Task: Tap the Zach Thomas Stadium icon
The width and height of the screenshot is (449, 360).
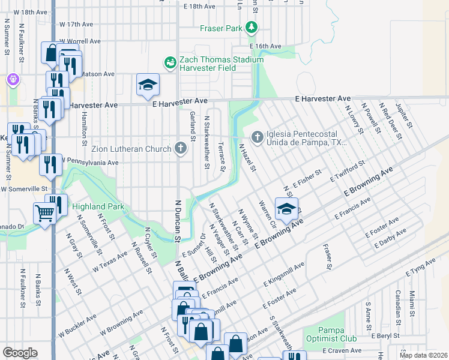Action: click(170, 62)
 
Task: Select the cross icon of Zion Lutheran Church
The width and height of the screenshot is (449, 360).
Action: click(181, 148)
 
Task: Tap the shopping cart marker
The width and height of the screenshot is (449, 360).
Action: click(45, 212)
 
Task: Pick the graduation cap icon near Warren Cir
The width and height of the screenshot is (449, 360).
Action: click(287, 209)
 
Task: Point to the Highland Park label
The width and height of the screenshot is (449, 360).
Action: click(98, 207)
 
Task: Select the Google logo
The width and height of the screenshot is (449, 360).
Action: click(20, 353)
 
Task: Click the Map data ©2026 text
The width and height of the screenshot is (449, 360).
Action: click(423, 355)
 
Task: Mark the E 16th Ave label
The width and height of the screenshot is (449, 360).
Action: click(265, 46)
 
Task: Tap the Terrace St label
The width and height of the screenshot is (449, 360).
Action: click(221, 155)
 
